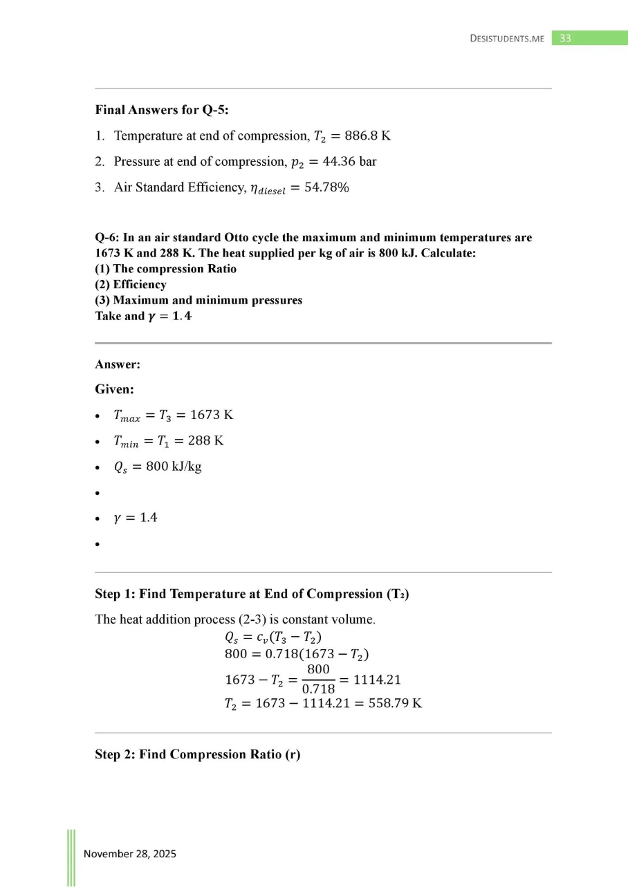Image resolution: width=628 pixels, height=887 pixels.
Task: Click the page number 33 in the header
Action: pos(565,39)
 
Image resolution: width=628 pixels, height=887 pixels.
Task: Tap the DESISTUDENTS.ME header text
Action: pos(507,39)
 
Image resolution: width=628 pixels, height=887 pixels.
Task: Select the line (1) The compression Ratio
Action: pos(165,269)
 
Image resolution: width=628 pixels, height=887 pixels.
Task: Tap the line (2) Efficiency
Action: pos(131,285)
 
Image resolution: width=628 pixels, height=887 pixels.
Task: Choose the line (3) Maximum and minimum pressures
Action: pos(198,301)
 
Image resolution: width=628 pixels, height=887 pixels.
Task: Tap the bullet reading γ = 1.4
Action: pos(135,518)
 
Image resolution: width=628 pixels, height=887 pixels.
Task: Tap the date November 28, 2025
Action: pos(130,854)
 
